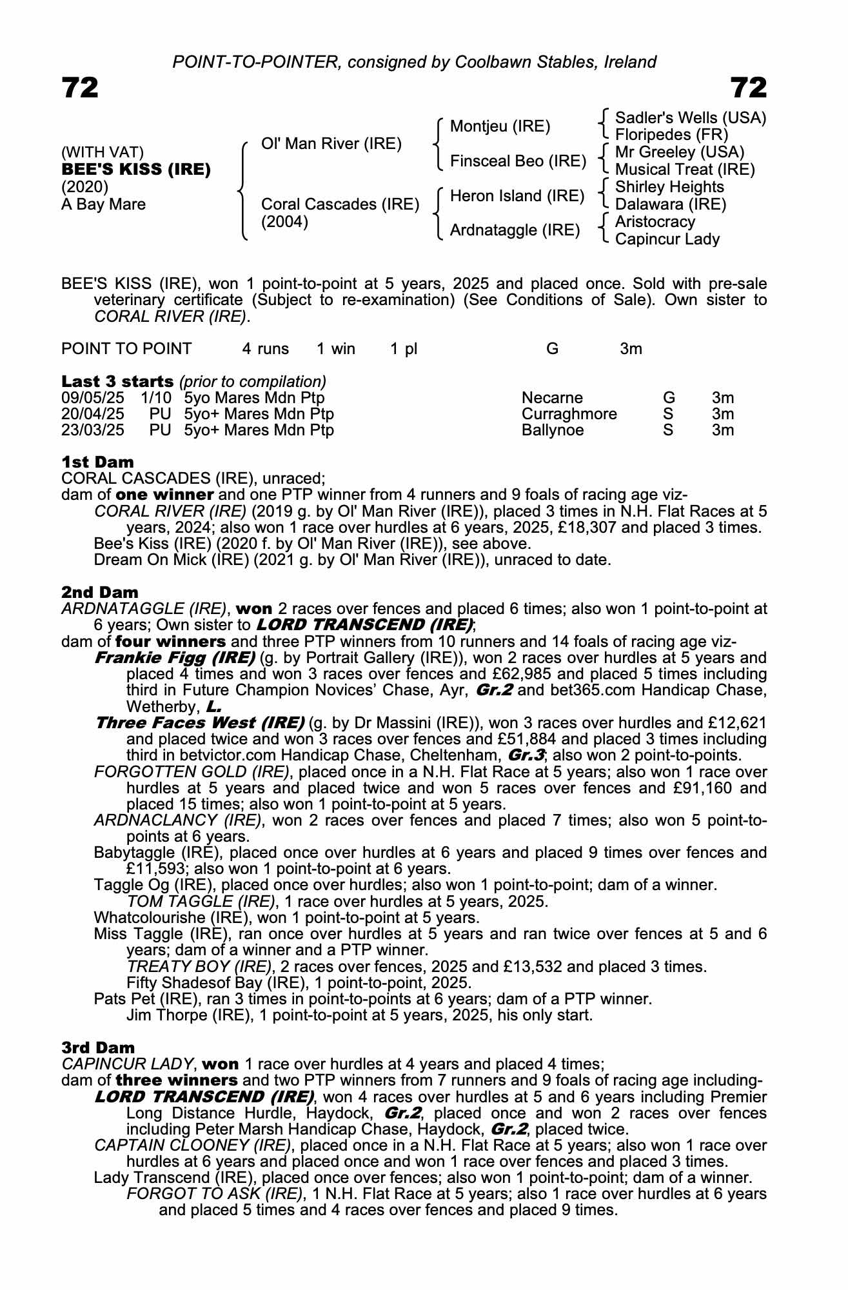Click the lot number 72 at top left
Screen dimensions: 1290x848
(x=80, y=88)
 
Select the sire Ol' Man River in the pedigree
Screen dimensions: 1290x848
(x=331, y=144)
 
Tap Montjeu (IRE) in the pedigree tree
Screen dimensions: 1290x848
(x=500, y=126)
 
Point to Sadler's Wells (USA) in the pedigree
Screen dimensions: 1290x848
(x=690, y=118)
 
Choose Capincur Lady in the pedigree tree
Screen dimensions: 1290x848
(x=667, y=239)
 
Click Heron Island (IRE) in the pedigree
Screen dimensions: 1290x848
(x=517, y=196)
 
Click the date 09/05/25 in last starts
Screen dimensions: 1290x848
(x=92, y=398)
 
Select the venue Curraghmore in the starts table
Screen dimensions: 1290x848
(x=569, y=414)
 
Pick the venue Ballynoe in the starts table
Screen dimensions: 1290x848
(x=552, y=430)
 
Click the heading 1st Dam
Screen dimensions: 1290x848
(x=97, y=462)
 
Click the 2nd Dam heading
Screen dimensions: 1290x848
(x=99, y=592)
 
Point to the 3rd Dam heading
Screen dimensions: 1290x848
(x=99, y=1047)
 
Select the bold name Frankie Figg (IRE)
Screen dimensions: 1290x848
(x=174, y=658)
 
